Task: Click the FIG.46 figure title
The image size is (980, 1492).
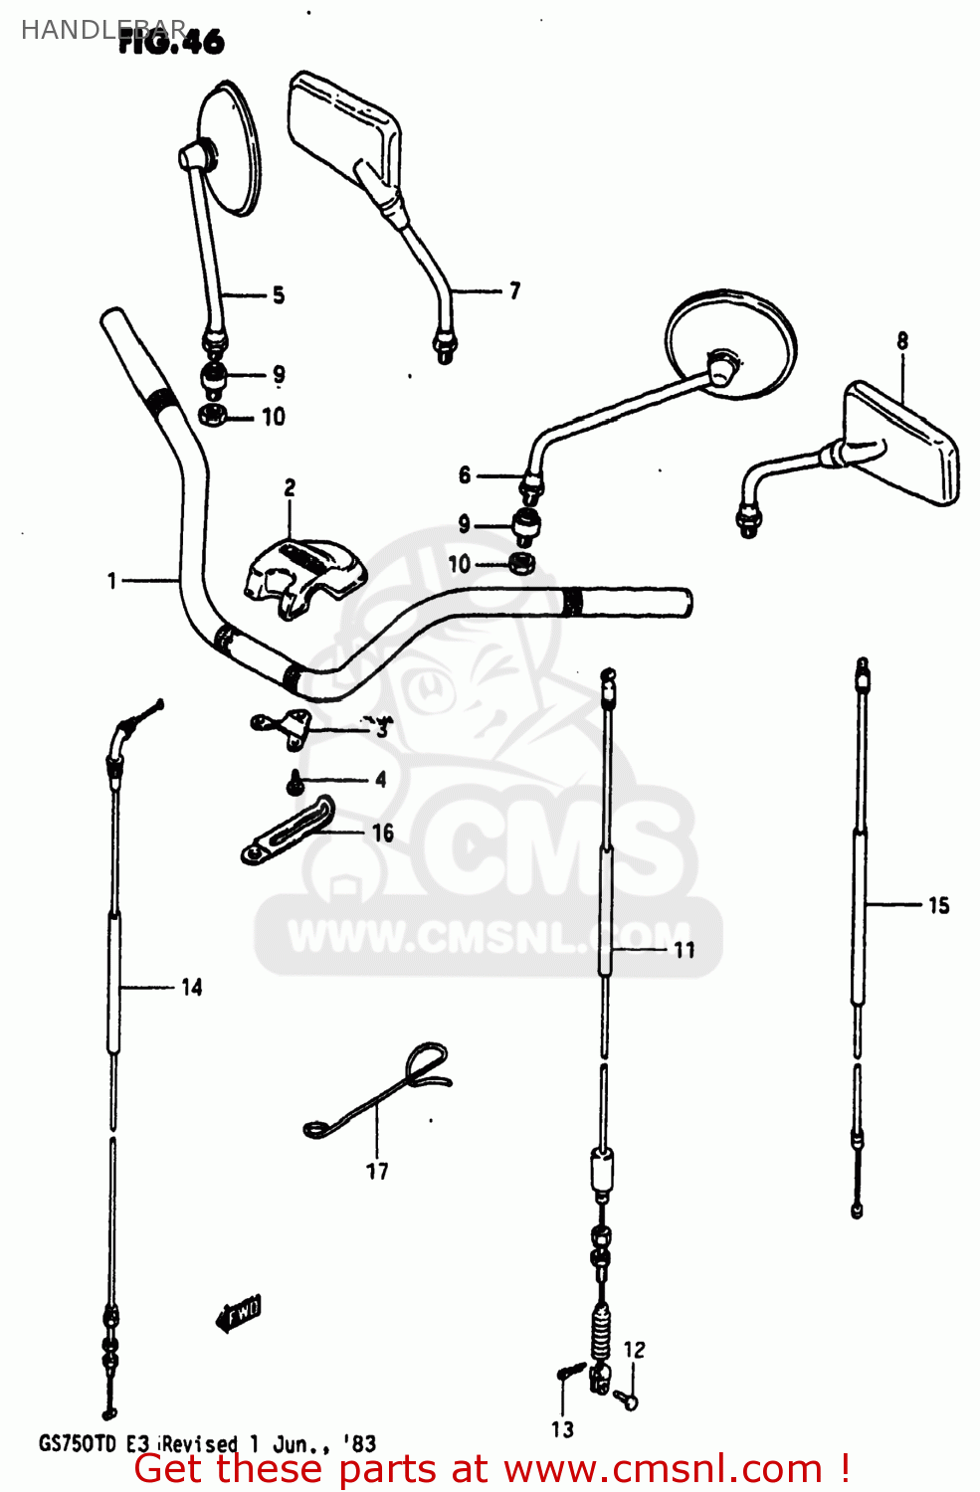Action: [172, 42]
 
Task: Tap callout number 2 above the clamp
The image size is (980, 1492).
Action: [290, 487]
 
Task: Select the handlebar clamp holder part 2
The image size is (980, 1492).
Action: [303, 577]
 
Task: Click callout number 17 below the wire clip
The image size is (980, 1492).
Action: [377, 1171]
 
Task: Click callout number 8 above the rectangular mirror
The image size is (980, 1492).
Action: [902, 340]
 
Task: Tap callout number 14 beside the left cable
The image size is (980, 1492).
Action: [192, 987]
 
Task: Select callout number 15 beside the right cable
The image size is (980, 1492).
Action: [938, 905]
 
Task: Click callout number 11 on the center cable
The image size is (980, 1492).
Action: [685, 950]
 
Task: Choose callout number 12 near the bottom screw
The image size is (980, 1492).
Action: [635, 1350]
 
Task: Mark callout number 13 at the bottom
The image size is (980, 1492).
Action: [562, 1429]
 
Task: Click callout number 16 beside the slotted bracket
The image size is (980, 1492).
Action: [383, 833]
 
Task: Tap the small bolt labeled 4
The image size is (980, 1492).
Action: [294, 784]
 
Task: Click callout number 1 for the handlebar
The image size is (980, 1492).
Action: [112, 580]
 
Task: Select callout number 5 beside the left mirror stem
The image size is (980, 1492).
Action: [279, 295]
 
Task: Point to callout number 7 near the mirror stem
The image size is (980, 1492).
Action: [514, 290]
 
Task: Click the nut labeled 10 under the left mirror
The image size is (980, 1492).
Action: [212, 416]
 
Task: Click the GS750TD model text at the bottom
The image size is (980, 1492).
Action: [78, 1443]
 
